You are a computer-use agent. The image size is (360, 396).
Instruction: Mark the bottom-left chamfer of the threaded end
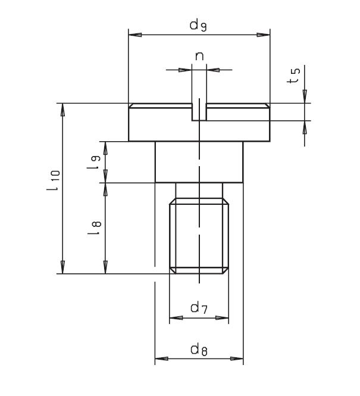172,271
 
